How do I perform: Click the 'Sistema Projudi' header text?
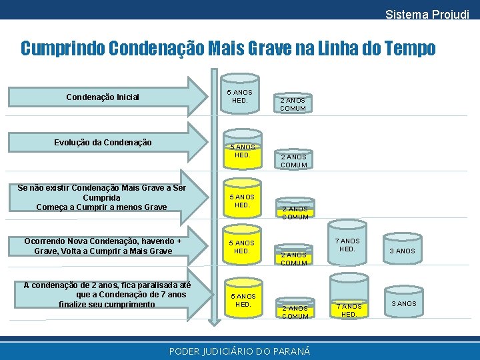click(427, 14)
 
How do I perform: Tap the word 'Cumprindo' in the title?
click(62, 49)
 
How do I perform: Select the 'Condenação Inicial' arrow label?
click(103, 97)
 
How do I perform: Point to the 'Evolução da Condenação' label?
click(103, 142)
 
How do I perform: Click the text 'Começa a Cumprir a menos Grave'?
click(101, 207)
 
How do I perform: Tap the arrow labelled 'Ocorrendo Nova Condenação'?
click(103, 246)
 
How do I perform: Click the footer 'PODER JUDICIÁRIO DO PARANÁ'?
click(239, 351)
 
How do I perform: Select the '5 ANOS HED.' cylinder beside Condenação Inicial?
click(240, 96)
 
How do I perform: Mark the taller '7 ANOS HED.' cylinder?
click(347, 245)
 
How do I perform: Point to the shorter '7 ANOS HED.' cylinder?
click(349, 309)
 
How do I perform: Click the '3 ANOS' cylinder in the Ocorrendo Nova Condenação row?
click(403, 251)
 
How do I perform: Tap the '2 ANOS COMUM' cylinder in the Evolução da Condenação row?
click(293, 160)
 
